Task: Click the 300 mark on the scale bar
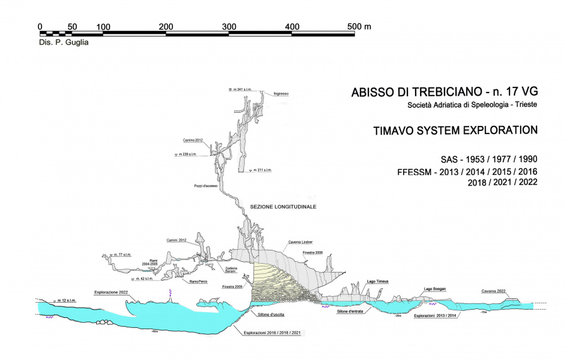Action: click(x=229, y=26)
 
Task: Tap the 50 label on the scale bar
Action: click(x=72, y=26)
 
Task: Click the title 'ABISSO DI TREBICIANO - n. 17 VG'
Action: click(x=445, y=93)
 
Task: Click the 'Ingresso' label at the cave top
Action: click(x=281, y=94)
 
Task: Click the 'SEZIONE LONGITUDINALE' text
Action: click(x=283, y=206)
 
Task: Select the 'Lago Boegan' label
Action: click(x=435, y=288)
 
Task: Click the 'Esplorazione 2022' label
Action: click(x=111, y=292)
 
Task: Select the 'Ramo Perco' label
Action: click(x=199, y=281)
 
